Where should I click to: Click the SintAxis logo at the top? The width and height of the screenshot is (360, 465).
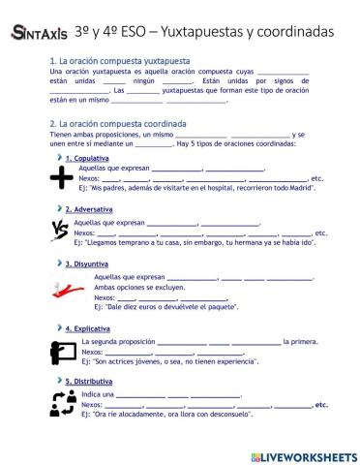(x=40, y=32)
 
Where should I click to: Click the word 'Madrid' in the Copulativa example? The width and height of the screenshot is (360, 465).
(x=302, y=187)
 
